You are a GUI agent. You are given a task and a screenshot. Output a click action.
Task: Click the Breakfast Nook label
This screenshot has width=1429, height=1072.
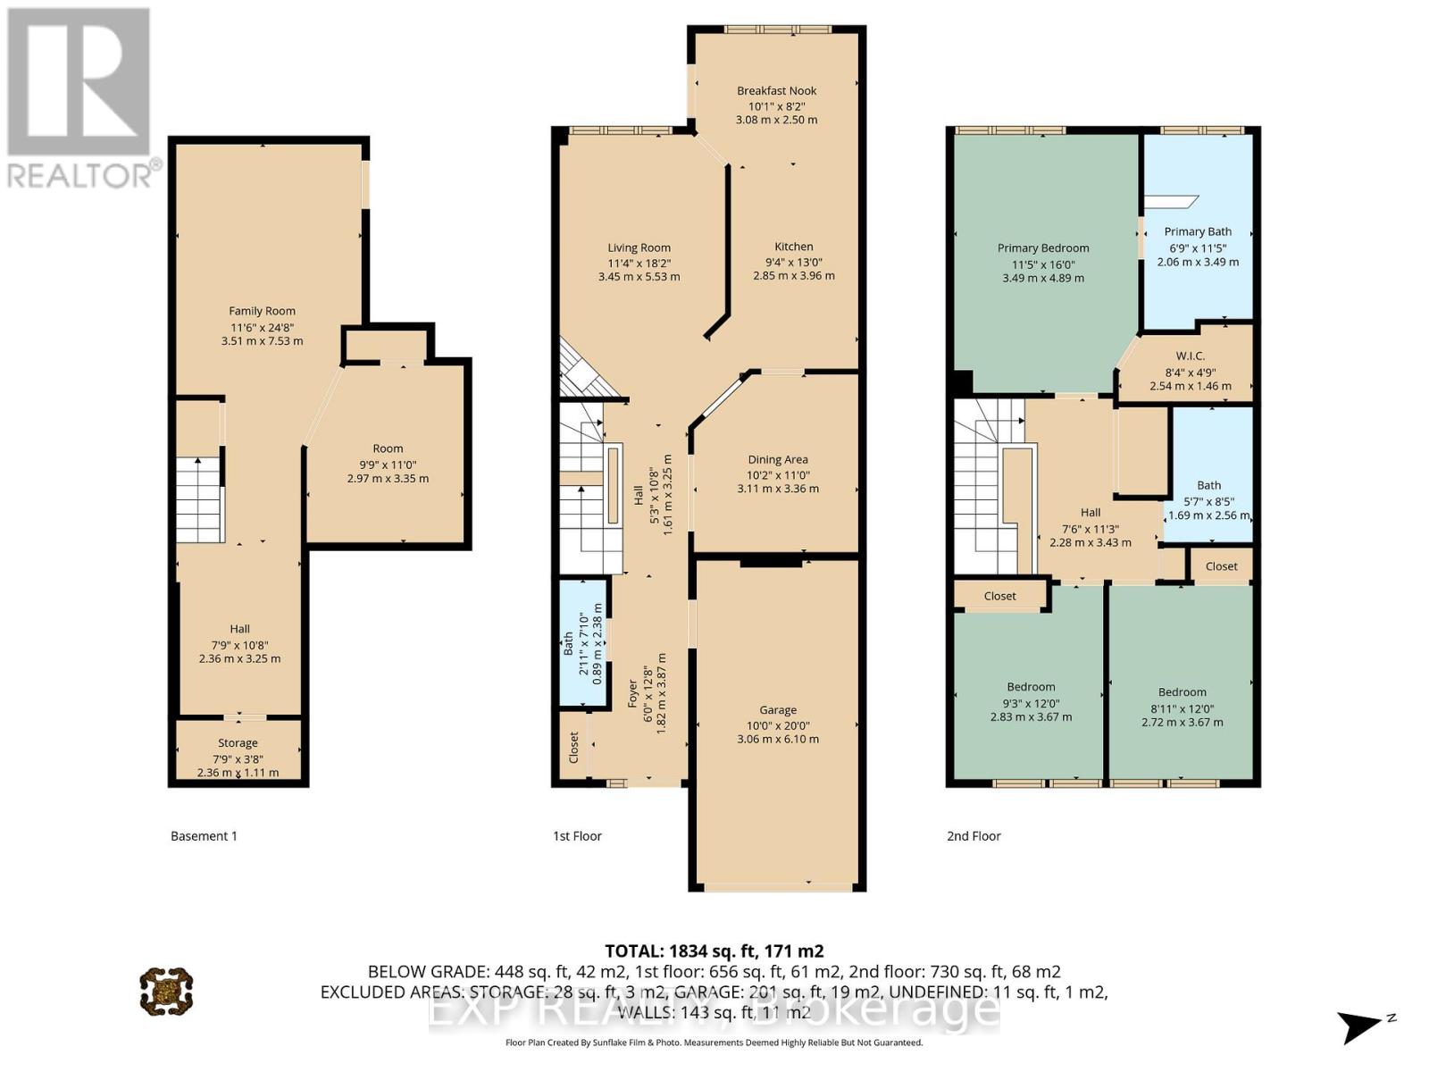point(776,90)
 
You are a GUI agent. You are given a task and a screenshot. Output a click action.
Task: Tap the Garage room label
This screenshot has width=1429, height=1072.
point(777,710)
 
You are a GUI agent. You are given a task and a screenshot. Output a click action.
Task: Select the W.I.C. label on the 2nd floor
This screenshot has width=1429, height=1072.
point(1191,356)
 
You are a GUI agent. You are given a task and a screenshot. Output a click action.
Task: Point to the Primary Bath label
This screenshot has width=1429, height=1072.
point(1198,231)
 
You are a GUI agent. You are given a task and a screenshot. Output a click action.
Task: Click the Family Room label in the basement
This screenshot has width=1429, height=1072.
point(262,311)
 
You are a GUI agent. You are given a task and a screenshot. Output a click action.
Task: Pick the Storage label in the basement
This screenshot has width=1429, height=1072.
point(238,742)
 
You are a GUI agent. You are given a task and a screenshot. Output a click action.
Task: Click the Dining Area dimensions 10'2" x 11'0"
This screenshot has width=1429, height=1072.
point(777,474)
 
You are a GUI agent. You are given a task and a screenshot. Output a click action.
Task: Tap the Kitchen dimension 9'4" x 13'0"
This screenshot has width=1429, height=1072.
point(793,262)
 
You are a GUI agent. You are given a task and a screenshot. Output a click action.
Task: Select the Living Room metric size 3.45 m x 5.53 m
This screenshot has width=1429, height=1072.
point(639,277)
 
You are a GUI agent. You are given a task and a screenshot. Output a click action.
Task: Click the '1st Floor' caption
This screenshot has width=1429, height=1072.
point(577,836)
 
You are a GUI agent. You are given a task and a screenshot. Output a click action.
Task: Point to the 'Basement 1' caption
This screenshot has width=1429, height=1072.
point(204,836)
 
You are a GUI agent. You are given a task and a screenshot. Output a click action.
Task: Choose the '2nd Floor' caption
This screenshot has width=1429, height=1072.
point(974,836)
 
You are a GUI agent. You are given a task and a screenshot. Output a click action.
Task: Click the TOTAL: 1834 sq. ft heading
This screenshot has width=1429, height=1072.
point(714,951)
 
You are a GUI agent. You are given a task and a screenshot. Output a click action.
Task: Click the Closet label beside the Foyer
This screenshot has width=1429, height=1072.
point(573,748)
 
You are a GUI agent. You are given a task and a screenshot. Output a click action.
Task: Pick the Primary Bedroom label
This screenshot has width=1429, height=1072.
point(1042,247)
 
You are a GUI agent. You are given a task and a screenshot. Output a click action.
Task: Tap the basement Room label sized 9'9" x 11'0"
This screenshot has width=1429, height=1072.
point(388,448)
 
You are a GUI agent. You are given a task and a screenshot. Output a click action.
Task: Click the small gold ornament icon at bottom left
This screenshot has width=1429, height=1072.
point(166,991)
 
